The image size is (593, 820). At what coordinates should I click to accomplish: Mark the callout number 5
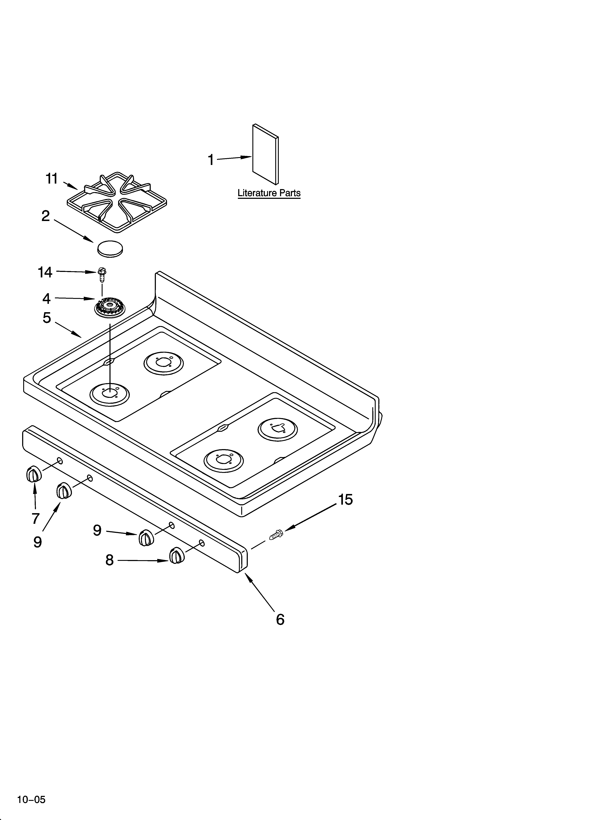point(47,318)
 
